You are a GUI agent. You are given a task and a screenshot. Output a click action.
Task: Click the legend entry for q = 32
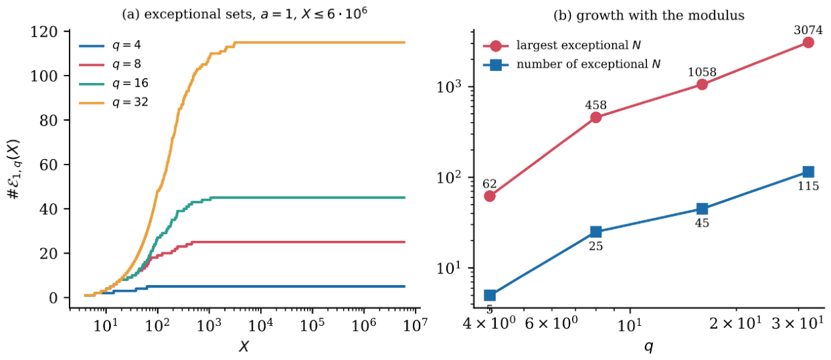(x=114, y=102)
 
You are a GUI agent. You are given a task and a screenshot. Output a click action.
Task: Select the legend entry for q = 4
(x=110, y=46)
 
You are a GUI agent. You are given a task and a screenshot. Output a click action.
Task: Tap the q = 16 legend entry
(x=114, y=83)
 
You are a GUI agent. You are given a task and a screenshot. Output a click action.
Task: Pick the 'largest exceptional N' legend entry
(x=561, y=46)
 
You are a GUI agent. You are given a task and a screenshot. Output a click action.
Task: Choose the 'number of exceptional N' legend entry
(x=571, y=65)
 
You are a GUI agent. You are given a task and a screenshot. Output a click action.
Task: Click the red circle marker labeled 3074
(x=808, y=43)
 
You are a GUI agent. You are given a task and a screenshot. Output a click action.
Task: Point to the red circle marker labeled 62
(x=490, y=196)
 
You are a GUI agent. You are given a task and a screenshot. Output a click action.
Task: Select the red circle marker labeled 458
(x=595, y=118)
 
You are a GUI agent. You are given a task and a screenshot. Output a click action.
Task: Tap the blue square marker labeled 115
(x=808, y=171)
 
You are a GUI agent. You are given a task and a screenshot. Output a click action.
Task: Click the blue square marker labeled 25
(x=595, y=232)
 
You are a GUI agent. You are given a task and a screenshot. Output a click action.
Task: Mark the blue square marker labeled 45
(x=702, y=209)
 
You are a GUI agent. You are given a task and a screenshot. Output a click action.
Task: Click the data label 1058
(x=702, y=72)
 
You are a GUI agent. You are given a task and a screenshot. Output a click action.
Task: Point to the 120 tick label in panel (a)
(x=44, y=32)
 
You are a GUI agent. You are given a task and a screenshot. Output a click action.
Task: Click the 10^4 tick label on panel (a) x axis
(x=261, y=325)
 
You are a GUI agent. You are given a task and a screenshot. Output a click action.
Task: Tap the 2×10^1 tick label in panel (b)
(x=736, y=324)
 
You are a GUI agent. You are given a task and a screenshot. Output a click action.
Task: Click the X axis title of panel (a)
(x=244, y=347)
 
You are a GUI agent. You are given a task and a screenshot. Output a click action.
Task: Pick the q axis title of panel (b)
(x=649, y=347)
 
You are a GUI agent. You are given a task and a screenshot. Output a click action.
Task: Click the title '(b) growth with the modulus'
(x=649, y=15)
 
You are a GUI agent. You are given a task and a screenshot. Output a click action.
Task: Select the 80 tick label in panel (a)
(x=49, y=120)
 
